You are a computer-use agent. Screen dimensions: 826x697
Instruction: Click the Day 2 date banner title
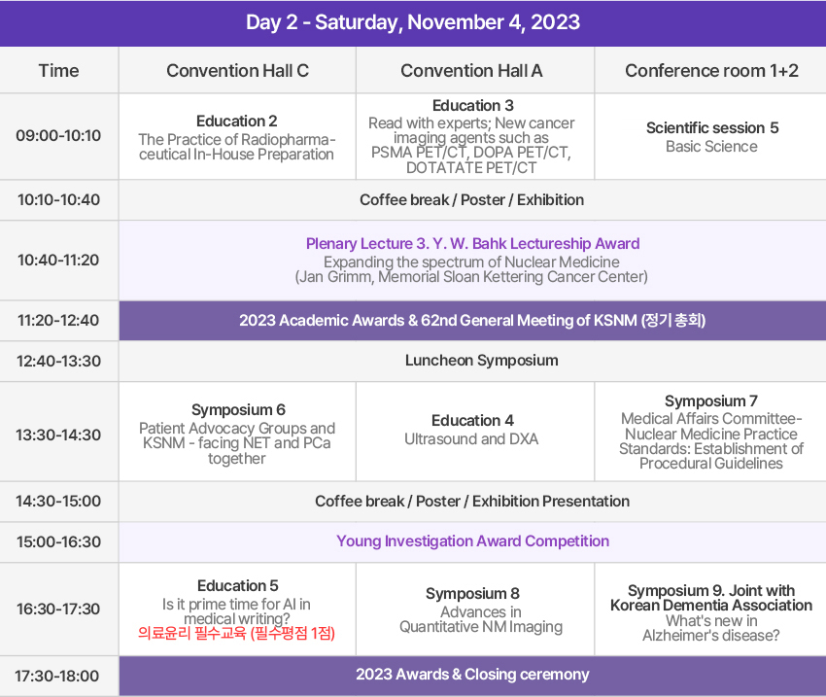[x=413, y=22]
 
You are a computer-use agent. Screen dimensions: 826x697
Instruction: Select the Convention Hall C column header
[x=237, y=71]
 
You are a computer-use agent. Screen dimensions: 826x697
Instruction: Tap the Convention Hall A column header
[x=471, y=71]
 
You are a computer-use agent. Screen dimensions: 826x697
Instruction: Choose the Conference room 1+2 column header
[x=711, y=71]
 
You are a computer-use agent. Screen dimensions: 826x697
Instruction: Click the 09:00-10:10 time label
[x=58, y=136]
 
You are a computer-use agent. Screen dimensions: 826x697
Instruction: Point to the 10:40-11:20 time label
[x=58, y=261]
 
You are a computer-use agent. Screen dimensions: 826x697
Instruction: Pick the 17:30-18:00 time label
[x=57, y=676]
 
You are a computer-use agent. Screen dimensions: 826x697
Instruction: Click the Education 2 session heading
[x=237, y=122]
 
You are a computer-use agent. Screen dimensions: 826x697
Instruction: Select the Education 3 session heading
[x=473, y=105]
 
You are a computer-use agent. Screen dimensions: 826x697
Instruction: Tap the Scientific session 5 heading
[x=712, y=128]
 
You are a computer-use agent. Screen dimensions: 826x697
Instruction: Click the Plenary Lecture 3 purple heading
[x=472, y=243]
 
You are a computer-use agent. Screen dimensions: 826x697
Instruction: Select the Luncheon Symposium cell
[x=481, y=361]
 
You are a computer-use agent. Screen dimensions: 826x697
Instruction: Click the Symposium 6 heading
[x=238, y=410]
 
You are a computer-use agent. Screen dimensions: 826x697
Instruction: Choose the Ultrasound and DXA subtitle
[x=471, y=438]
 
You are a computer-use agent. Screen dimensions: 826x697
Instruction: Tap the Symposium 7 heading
[x=711, y=401]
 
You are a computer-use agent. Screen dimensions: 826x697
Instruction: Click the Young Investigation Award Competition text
[x=472, y=541]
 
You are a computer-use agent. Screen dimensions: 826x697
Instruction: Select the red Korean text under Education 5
[x=236, y=633]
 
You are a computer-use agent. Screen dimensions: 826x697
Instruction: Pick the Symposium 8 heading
[x=472, y=594]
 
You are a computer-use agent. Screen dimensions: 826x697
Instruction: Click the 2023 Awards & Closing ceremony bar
[x=472, y=675]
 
